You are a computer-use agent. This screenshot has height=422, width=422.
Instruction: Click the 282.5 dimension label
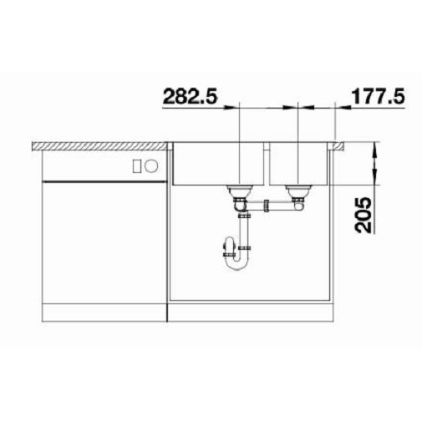click(190, 96)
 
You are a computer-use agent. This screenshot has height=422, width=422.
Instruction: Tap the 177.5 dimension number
click(379, 96)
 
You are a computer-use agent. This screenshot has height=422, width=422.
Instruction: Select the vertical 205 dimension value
click(364, 215)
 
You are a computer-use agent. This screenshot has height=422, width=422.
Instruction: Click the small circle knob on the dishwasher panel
click(151, 166)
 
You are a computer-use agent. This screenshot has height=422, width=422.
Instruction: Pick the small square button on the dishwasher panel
click(136, 166)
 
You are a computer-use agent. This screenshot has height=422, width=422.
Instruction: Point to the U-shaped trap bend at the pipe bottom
click(236, 264)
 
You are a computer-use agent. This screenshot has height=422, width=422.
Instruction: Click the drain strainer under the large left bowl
click(240, 191)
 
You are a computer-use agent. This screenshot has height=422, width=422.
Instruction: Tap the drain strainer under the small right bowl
click(298, 191)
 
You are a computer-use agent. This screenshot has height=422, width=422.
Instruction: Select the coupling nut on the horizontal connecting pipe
click(267, 206)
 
